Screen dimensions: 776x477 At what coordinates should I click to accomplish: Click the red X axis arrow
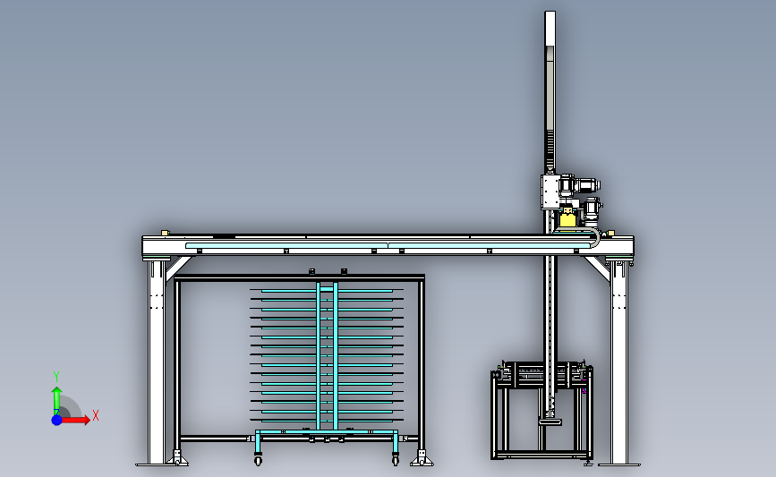pyautogui.click(x=74, y=420)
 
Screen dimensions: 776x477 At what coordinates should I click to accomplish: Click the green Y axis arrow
pyautogui.click(x=56, y=401)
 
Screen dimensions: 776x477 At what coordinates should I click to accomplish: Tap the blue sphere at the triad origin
pyautogui.click(x=56, y=420)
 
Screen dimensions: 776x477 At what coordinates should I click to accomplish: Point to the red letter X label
pyautogui.click(x=96, y=415)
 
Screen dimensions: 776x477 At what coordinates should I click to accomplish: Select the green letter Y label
pyautogui.click(x=56, y=377)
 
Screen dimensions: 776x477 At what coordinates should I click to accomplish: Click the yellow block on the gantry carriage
pyautogui.click(x=567, y=218)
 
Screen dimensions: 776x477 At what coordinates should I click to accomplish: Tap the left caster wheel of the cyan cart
pyautogui.click(x=258, y=461)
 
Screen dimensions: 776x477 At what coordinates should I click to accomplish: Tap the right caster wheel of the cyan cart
pyautogui.click(x=395, y=461)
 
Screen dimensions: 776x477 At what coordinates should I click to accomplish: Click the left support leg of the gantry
pyautogui.click(x=157, y=362)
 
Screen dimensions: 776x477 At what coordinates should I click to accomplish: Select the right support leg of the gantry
pyautogui.click(x=618, y=362)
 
